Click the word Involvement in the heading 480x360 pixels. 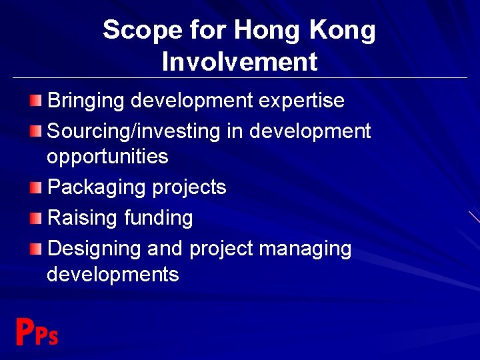point(239,62)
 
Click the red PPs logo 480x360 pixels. point(37,333)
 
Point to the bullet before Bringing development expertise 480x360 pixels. point(35,101)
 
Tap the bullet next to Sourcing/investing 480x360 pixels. point(35,131)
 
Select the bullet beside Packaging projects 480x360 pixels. point(35,188)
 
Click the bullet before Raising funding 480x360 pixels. point(35,218)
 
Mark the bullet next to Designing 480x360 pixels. point(35,249)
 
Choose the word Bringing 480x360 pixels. point(86,101)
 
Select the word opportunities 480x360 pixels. point(107,157)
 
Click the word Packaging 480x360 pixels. point(97,188)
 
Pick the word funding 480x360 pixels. point(159,218)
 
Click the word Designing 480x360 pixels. point(95,249)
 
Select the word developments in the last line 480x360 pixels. point(113,275)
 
